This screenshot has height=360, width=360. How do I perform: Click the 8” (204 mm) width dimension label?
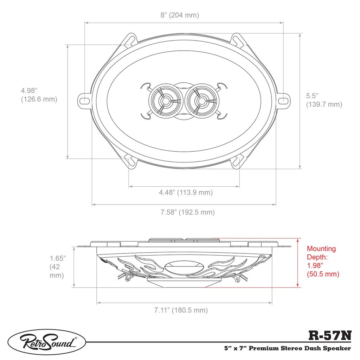(180, 15)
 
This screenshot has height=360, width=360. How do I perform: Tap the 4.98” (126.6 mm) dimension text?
(39, 95)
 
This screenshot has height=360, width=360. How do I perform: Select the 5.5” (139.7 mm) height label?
(324, 100)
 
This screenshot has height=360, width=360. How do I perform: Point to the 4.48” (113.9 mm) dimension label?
(186, 192)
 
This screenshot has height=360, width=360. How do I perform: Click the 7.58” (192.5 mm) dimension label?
(188, 212)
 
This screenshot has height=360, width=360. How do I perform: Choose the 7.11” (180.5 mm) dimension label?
(181, 310)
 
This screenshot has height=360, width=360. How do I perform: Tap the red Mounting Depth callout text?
(323, 261)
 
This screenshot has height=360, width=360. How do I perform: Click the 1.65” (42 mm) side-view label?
(58, 267)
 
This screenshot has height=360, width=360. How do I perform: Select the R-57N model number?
(330, 336)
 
